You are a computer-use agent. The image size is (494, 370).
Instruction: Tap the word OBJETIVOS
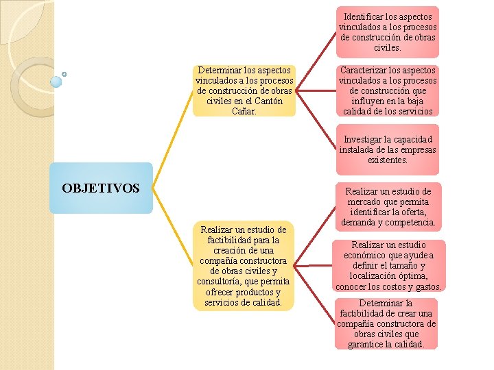(101, 188)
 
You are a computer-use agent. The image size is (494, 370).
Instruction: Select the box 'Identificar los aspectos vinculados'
(388, 32)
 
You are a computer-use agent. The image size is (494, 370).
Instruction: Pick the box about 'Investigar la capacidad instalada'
(388, 150)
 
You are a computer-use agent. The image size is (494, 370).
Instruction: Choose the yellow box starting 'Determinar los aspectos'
(244, 90)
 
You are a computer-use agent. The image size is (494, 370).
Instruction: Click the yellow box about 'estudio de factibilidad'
(243, 266)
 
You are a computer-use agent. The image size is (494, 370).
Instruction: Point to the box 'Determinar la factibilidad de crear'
(388, 323)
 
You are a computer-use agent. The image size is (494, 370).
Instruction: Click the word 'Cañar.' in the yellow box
(245, 111)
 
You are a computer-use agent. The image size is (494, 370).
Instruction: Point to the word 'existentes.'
(388, 160)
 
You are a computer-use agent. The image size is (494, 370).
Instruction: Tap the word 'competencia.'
(412, 223)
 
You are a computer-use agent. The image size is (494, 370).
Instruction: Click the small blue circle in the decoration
(64, 74)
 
